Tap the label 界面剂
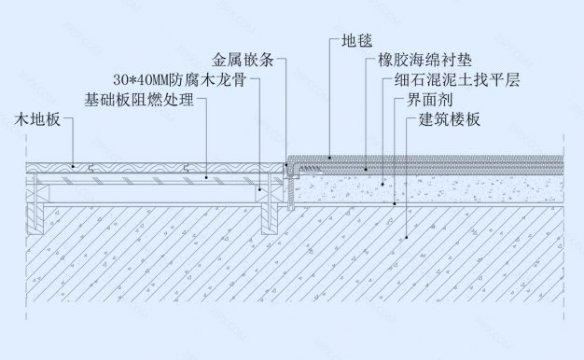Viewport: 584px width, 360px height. [x=430, y=99]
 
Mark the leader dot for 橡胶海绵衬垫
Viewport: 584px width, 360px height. [x=367, y=169]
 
